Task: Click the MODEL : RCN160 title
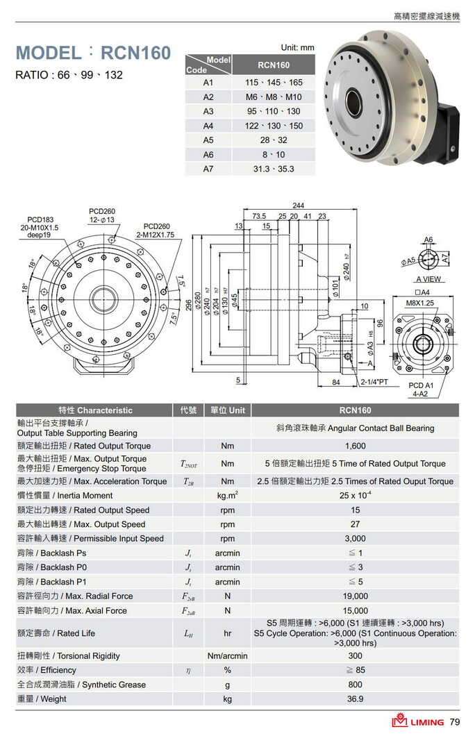(93, 53)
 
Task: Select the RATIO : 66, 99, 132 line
(69, 74)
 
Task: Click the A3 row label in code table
(208, 111)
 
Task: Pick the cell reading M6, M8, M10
(274, 97)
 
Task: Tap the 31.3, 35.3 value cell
(274, 169)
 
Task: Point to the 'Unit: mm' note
(297, 48)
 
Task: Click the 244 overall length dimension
(298, 206)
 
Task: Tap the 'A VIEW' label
(428, 279)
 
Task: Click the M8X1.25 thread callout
(420, 303)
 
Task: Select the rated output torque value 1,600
(355, 446)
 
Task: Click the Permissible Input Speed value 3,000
(355, 538)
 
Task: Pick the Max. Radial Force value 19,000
(355, 596)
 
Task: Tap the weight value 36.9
(355, 699)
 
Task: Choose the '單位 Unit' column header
(227, 410)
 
